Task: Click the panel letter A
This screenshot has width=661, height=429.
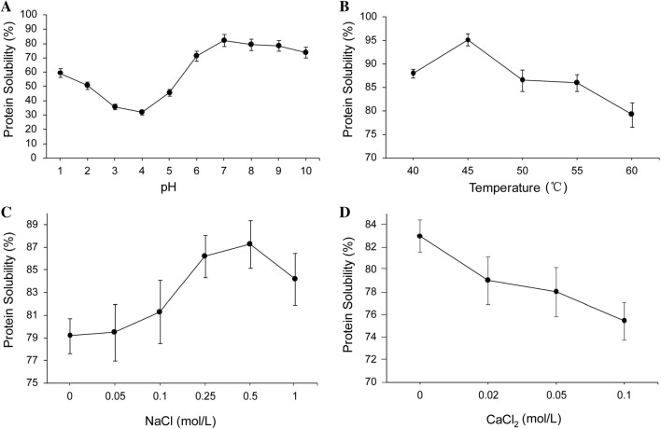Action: [x=7, y=8]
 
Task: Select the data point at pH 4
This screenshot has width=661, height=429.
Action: [x=141, y=112]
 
